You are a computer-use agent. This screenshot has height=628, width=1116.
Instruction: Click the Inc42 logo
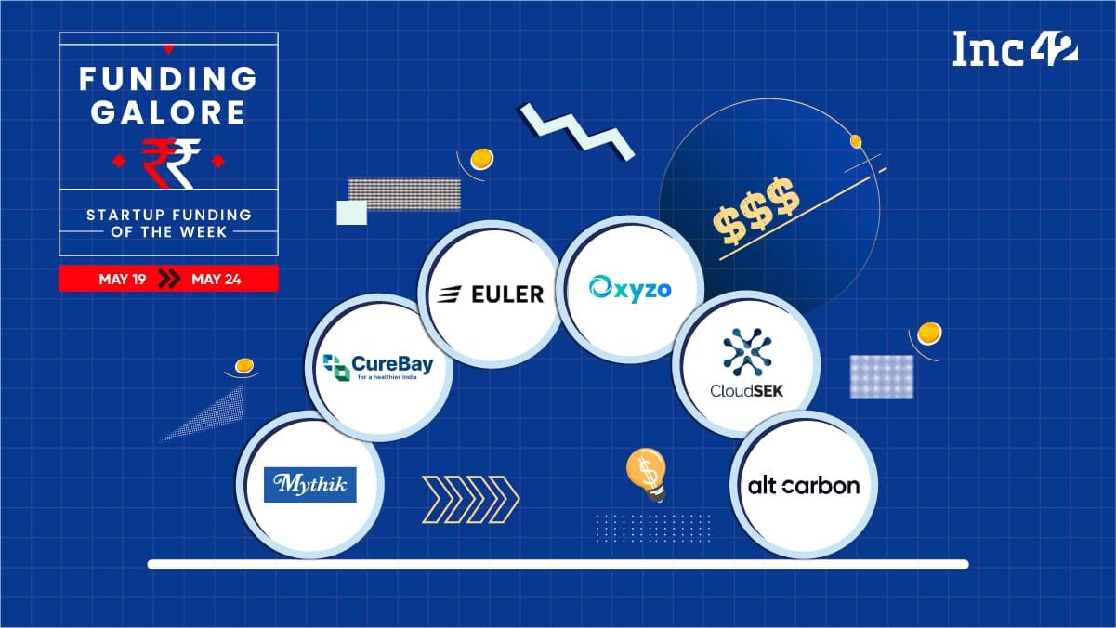point(1015,48)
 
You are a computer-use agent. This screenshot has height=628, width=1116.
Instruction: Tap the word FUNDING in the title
point(168,79)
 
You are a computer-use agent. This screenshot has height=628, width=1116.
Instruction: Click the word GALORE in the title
point(168,112)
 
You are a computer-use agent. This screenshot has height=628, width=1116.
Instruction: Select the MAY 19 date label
point(122,279)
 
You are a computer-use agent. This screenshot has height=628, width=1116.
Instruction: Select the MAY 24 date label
point(217,279)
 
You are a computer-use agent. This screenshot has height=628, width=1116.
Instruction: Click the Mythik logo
point(309,485)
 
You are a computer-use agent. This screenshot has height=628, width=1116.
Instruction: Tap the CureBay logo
point(378,367)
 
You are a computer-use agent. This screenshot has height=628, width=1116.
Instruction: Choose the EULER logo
point(491,294)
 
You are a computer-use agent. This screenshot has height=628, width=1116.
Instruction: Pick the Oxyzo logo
point(630,289)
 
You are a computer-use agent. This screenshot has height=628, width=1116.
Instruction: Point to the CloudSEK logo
point(747,363)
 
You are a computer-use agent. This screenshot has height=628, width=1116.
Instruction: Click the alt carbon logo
point(804,486)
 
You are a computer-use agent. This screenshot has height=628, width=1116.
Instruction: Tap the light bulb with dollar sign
point(647,475)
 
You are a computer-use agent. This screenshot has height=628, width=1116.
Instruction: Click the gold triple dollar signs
point(756,211)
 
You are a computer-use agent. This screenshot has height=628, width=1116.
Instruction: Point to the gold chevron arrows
point(471,500)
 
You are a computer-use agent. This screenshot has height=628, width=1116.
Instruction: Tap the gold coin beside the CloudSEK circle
point(929,334)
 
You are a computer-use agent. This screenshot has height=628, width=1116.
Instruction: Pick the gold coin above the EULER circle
point(481,160)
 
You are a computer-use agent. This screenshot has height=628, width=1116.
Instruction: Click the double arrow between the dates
point(169,279)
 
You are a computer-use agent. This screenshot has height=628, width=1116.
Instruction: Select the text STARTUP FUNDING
point(169,216)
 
